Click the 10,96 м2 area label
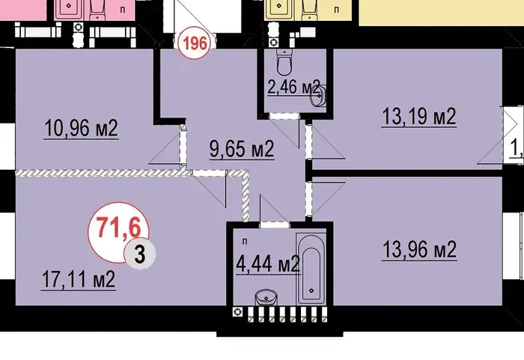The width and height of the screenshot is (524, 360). [x=81, y=128]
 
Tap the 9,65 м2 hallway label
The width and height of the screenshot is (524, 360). [x=242, y=149]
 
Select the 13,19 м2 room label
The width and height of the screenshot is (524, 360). [x=419, y=116]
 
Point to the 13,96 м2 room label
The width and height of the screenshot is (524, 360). [x=419, y=249]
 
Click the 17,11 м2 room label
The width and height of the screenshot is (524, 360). [x=79, y=279]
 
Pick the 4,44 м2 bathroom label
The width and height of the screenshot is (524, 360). [x=268, y=264]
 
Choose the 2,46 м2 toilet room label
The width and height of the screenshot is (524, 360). [x=293, y=87]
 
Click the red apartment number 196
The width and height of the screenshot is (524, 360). [x=195, y=43]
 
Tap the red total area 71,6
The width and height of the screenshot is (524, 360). [x=118, y=228]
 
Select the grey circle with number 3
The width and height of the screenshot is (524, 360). [x=139, y=254]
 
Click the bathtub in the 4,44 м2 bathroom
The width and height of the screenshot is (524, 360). [x=311, y=268]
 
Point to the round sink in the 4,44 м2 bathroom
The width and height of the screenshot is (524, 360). [x=266, y=297]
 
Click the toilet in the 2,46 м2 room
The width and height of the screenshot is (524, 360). [x=284, y=62]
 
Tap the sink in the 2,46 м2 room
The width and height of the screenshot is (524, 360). [x=319, y=96]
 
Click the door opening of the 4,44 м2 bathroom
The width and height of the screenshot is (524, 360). [x=275, y=225]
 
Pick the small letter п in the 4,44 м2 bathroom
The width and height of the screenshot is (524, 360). [x=245, y=242]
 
